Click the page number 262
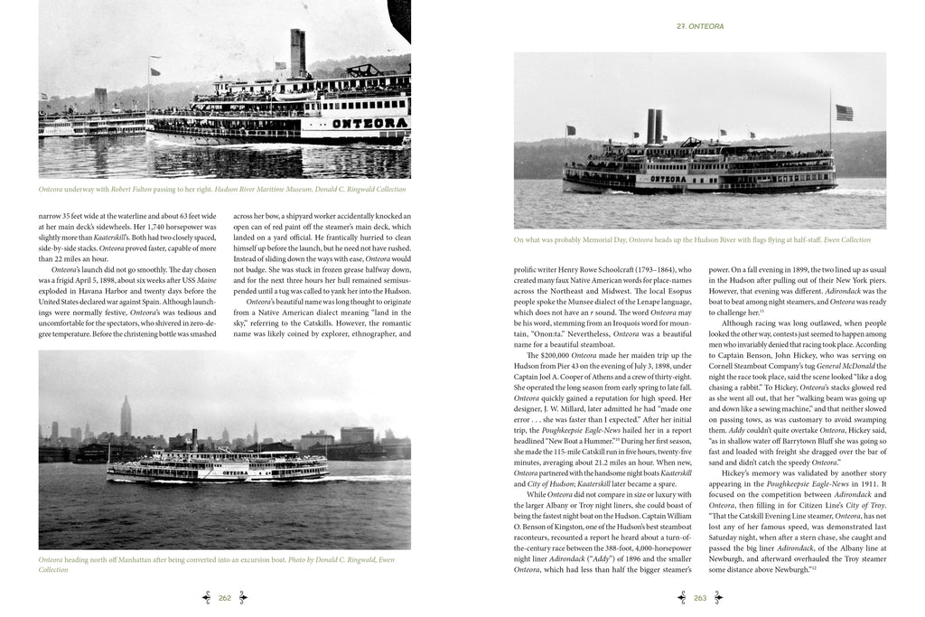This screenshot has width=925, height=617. tap(225, 596)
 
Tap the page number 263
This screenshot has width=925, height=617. tap(699, 596)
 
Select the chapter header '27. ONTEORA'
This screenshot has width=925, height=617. tap(702, 26)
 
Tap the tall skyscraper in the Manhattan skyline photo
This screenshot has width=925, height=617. tap(125, 417)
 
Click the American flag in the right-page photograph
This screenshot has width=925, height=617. tap(844, 113)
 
